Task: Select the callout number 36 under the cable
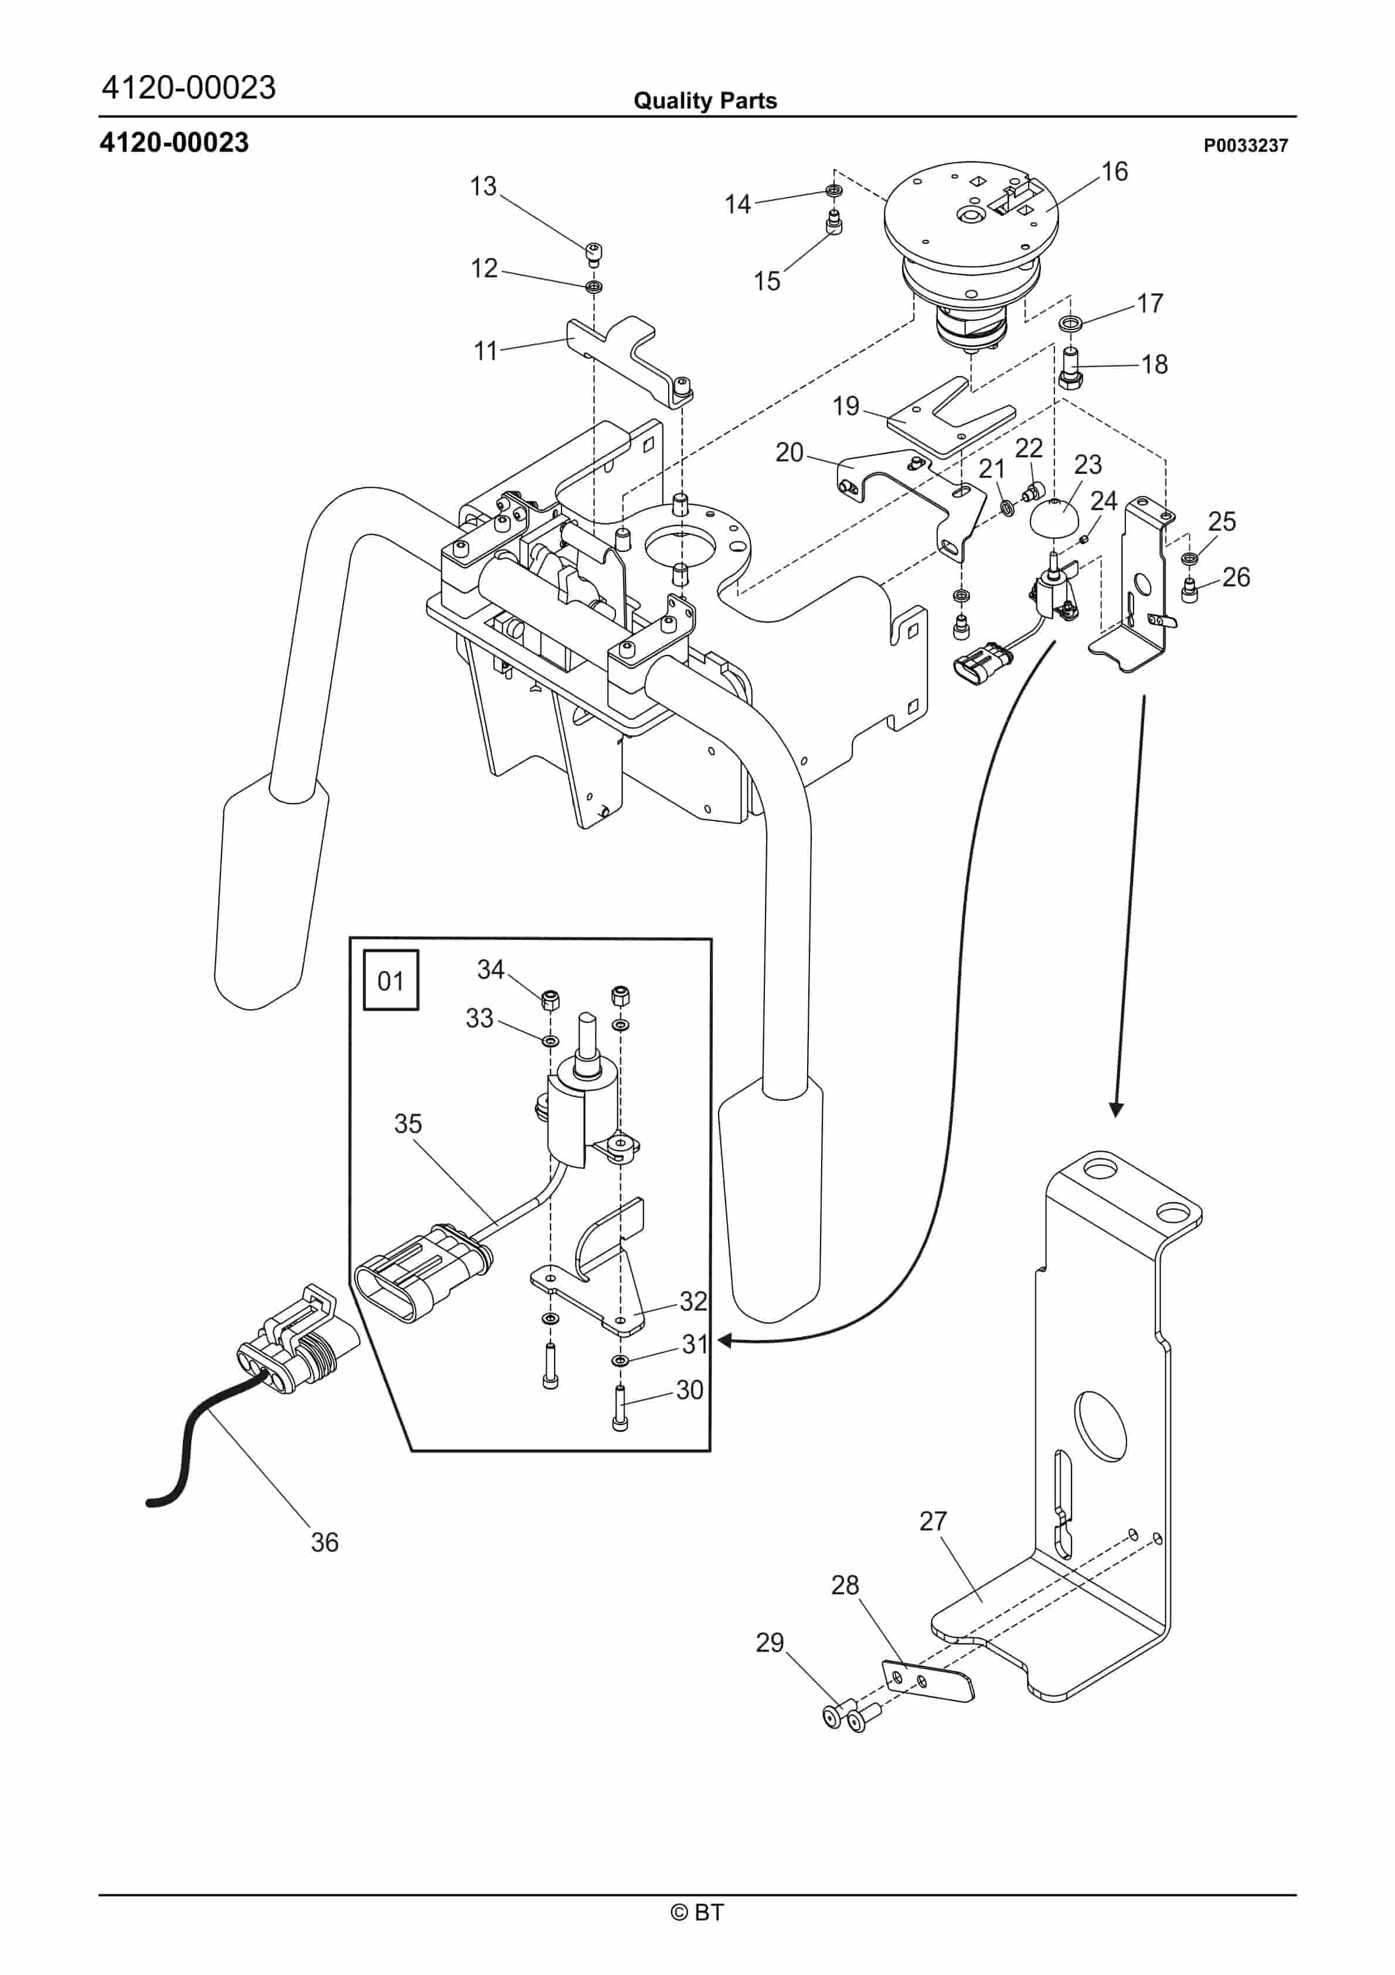click(x=324, y=1542)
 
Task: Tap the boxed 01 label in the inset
click(x=390, y=980)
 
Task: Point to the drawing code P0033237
click(x=1246, y=145)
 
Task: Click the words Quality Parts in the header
click(x=705, y=101)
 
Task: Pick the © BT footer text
click(x=697, y=1912)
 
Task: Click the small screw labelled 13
click(x=593, y=252)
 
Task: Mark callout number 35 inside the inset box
click(x=408, y=1124)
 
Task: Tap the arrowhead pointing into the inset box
click(x=725, y=1340)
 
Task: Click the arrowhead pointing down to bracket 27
click(x=1115, y=1109)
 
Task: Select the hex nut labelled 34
click(x=550, y=1000)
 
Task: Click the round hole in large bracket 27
click(x=1101, y=1422)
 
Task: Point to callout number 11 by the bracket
click(x=486, y=351)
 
